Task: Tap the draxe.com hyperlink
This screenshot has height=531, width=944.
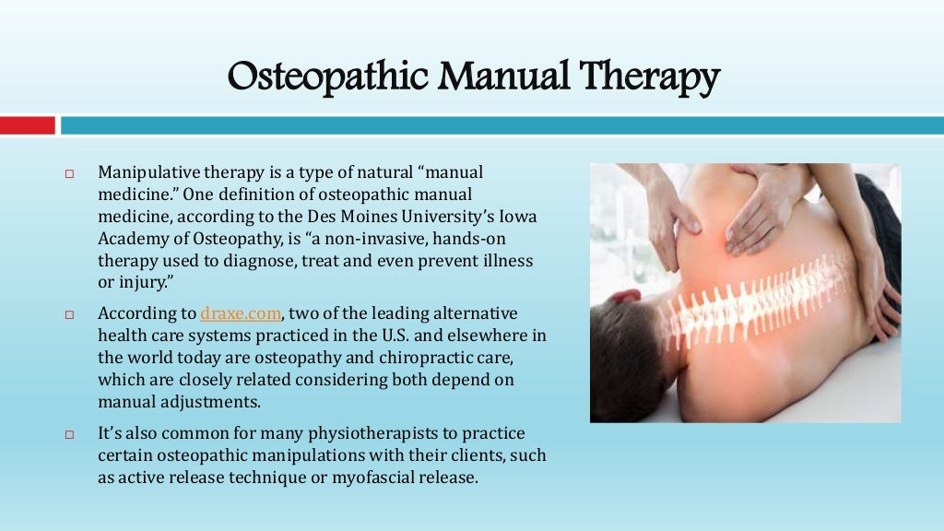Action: pyautogui.click(x=241, y=313)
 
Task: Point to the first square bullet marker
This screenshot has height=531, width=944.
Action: pyautogui.click(x=68, y=174)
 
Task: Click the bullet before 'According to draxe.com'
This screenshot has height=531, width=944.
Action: pyautogui.click(x=68, y=314)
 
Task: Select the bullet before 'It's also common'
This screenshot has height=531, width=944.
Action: pyautogui.click(x=68, y=434)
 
